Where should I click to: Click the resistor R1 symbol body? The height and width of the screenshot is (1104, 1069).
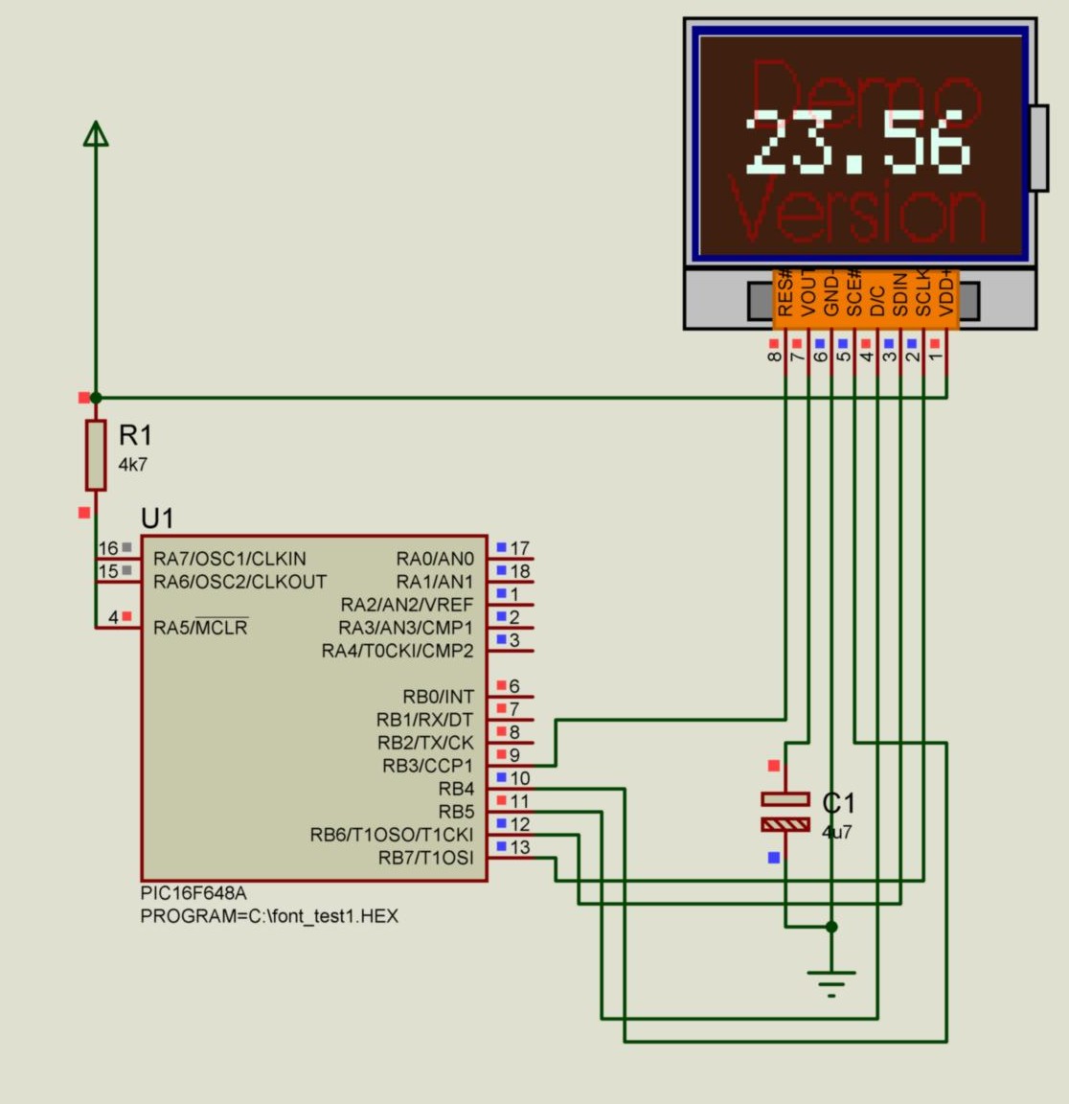(96, 454)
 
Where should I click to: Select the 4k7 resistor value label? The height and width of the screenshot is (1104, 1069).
(133, 465)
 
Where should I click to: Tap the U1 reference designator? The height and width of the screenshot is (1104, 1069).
(157, 518)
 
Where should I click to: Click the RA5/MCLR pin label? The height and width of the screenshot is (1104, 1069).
(200, 628)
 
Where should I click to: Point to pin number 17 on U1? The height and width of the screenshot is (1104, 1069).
(519, 548)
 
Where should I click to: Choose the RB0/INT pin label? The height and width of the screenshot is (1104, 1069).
(438, 697)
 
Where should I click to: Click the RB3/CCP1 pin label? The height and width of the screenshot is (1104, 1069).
(427, 766)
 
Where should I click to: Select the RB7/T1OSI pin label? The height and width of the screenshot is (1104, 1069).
(425, 858)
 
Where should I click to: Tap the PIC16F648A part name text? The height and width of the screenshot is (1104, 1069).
(193, 893)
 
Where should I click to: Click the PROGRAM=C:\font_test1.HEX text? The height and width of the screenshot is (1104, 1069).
(269, 916)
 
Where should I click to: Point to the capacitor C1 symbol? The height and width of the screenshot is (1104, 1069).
(785, 812)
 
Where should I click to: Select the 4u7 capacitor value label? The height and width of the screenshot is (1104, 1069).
(837, 832)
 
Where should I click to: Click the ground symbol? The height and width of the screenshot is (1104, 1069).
(831, 983)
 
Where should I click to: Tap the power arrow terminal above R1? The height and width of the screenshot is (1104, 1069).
(96, 134)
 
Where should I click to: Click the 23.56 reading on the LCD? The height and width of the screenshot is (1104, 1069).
(858, 144)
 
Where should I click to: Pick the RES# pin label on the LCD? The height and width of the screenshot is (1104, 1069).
(785, 293)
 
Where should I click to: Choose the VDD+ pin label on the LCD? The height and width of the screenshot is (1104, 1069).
(946, 293)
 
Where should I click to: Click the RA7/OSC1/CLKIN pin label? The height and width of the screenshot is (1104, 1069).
(230, 559)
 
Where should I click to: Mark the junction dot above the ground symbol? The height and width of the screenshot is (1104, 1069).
(831, 927)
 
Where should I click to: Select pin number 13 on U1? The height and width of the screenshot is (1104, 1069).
(519, 847)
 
